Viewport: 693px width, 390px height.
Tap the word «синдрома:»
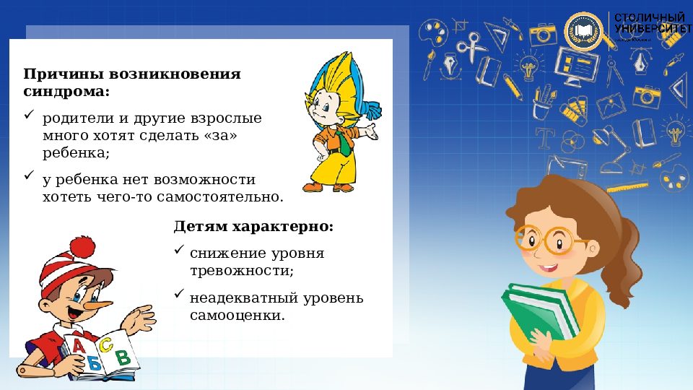click(x=66, y=92)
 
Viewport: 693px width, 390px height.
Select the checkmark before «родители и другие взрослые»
click(x=29, y=115)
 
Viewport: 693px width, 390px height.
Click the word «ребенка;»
click(x=76, y=153)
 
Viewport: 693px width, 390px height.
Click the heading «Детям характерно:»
click(x=253, y=226)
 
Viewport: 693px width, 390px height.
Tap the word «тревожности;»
click(x=242, y=271)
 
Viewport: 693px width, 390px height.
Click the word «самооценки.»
click(x=237, y=316)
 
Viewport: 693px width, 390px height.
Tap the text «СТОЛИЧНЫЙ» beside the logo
click(x=650, y=17)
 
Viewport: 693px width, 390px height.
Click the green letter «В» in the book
click(x=123, y=356)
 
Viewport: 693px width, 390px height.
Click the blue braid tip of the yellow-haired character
click(x=373, y=111)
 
